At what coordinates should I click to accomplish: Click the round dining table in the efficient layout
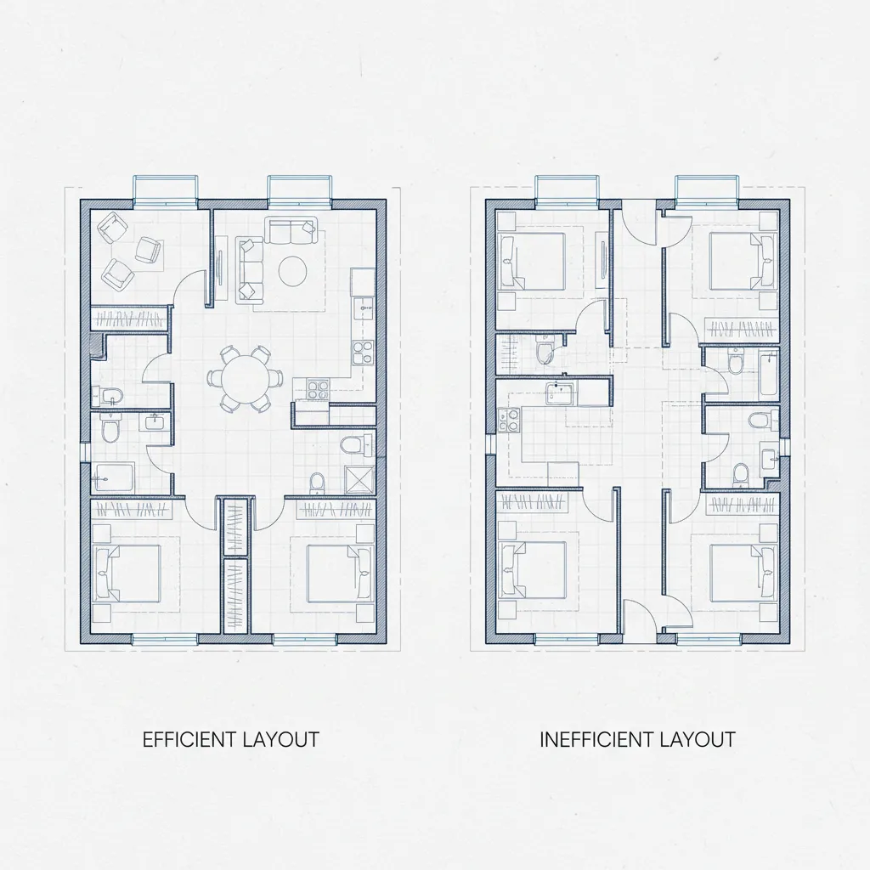pyautogui.click(x=244, y=376)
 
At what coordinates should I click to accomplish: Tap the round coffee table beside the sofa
pyautogui.click(x=294, y=271)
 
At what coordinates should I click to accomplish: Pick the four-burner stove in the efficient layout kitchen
pyautogui.click(x=317, y=390)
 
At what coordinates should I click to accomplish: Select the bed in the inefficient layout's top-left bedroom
pyautogui.click(x=533, y=260)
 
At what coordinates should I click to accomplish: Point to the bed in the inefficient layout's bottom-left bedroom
pyautogui.click(x=533, y=569)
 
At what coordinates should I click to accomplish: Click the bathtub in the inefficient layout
pyautogui.click(x=768, y=374)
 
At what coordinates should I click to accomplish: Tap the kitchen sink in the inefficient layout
pyautogui.click(x=559, y=393)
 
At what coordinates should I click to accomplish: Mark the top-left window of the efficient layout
pyautogui.click(x=166, y=189)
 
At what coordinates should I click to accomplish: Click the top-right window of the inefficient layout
pyautogui.click(x=705, y=189)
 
